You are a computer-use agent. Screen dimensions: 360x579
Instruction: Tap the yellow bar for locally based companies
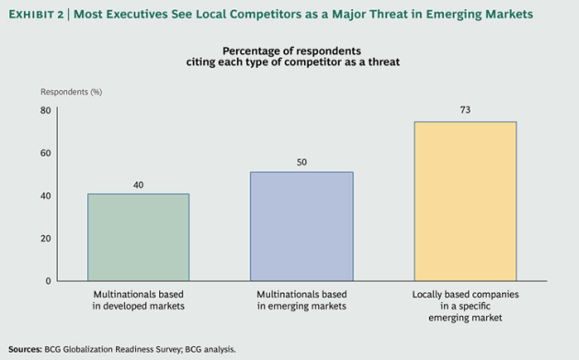coord(464,201)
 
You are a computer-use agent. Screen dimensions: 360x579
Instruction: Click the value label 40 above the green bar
coord(138,185)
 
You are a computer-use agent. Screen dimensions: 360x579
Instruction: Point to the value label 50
coord(301,163)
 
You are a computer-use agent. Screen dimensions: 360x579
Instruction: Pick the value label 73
coord(464,110)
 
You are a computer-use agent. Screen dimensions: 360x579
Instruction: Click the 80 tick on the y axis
coord(45,110)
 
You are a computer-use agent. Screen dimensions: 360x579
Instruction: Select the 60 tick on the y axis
coord(45,152)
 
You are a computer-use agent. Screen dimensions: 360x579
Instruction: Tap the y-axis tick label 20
coord(45,238)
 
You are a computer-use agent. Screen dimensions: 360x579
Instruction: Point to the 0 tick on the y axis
coord(48,280)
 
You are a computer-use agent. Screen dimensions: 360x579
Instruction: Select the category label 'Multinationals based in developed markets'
coord(138,299)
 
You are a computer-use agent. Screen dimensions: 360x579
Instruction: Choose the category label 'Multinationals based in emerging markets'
coord(301,299)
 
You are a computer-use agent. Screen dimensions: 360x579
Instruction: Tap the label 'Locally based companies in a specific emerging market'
coord(464,305)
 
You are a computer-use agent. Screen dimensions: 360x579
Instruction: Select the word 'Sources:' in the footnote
coord(27,349)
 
